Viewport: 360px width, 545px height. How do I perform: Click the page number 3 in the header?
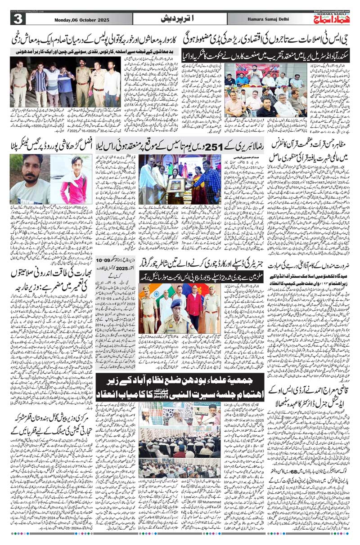(x=17, y=19)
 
